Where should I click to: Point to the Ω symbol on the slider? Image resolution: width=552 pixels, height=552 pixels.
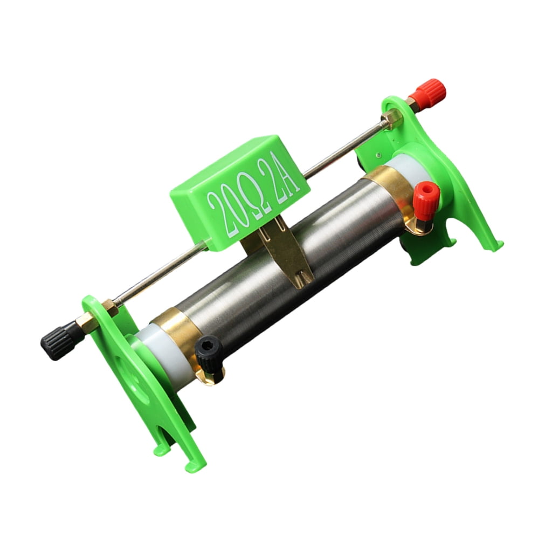pyautogui.click(x=257, y=195)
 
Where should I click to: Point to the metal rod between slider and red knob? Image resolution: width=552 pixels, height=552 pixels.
pyautogui.click(x=345, y=148)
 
